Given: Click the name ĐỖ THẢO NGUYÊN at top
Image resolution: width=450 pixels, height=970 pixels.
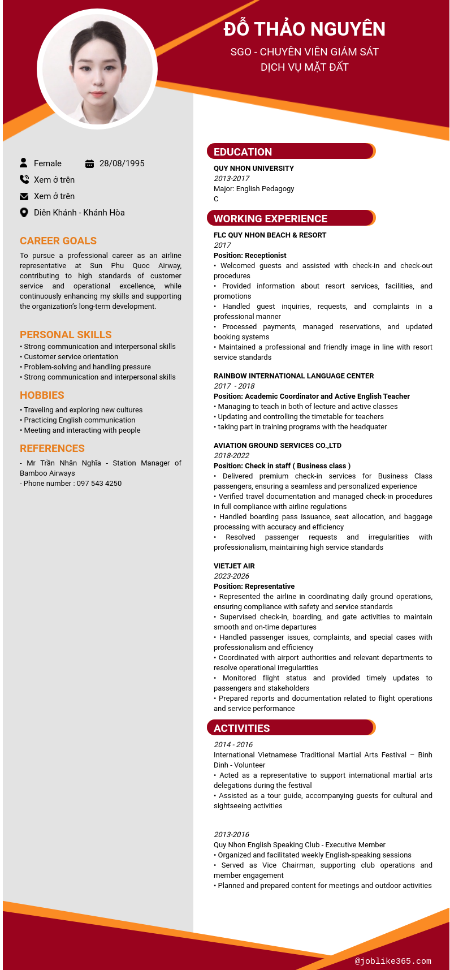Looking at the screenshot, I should pyautogui.click(x=304, y=29).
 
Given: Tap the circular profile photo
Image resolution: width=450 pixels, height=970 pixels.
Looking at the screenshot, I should pyautogui.click(x=97, y=69).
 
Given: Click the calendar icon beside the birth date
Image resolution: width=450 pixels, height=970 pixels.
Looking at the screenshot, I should pyautogui.click(x=89, y=163).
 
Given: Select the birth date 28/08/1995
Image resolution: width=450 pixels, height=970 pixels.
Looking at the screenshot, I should pyautogui.click(x=122, y=163).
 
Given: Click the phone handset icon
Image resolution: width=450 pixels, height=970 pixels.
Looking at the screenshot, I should pyautogui.click(x=24, y=179).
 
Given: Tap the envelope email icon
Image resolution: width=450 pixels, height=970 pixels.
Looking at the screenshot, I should pyautogui.click(x=24, y=196).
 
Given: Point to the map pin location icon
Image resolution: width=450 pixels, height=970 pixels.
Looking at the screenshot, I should pyautogui.click(x=24, y=213).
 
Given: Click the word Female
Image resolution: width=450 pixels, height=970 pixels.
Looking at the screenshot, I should pyautogui.click(x=47, y=163).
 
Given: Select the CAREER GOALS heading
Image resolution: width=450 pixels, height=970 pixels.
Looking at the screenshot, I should pyautogui.click(x=58, y=241).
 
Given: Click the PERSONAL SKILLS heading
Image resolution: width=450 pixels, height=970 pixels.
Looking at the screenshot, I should pyautogui.click(x=66, y=335).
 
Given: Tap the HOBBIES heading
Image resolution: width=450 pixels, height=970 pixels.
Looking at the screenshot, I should pyautogui.click(x=42, y=395).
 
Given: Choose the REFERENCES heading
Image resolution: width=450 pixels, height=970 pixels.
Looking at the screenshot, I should pyautogui.click(x=52, y=449).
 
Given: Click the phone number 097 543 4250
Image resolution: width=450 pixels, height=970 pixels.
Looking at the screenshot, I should pyautogui.click(x=99, y=484).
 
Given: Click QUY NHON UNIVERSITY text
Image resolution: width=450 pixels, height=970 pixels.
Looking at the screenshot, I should pyautogui.click(x=254, y=169).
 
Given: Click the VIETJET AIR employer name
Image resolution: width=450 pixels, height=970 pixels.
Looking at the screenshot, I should pyautogui.click(x=234, y=566).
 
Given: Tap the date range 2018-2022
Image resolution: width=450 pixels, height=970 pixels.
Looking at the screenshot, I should pyautogui.click(x=231, y=456).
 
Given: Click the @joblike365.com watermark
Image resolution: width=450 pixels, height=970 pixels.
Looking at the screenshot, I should pyautogui.click(x=393, y=961).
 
